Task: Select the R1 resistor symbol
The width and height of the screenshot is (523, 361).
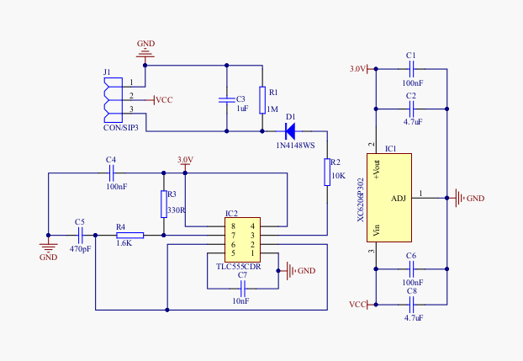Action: pyautogui.click(x=262, y=98)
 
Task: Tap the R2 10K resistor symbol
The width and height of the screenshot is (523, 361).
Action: pyautogui.click(x=327, y=172)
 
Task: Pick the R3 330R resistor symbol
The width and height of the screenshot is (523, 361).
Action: pyautogui.click(x=164, y=203)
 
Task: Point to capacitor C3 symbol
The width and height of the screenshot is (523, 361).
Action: pyautogui.click(x=226, y=99)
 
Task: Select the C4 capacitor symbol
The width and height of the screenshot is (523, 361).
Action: pyautogui.click(x=111, y=173)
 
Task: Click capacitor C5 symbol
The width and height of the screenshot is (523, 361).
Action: pyautogui.click(x=81, y=236)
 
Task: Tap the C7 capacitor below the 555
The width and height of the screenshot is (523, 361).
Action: pyautogui.click(x=242, y=288)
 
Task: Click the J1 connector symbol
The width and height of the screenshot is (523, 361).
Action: pyautogui.click(x=108, y=99)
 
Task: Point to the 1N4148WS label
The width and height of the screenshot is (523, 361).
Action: pyautogui.click(x=296, y=146)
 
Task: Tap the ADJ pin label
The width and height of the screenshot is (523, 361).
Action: pyautogui.click(x=399, y=199)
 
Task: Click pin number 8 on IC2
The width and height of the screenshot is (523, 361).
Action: pyautogui.click(x=234, y=226)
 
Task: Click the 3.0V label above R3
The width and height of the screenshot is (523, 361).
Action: pyautogui.click(x=184, y=159)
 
